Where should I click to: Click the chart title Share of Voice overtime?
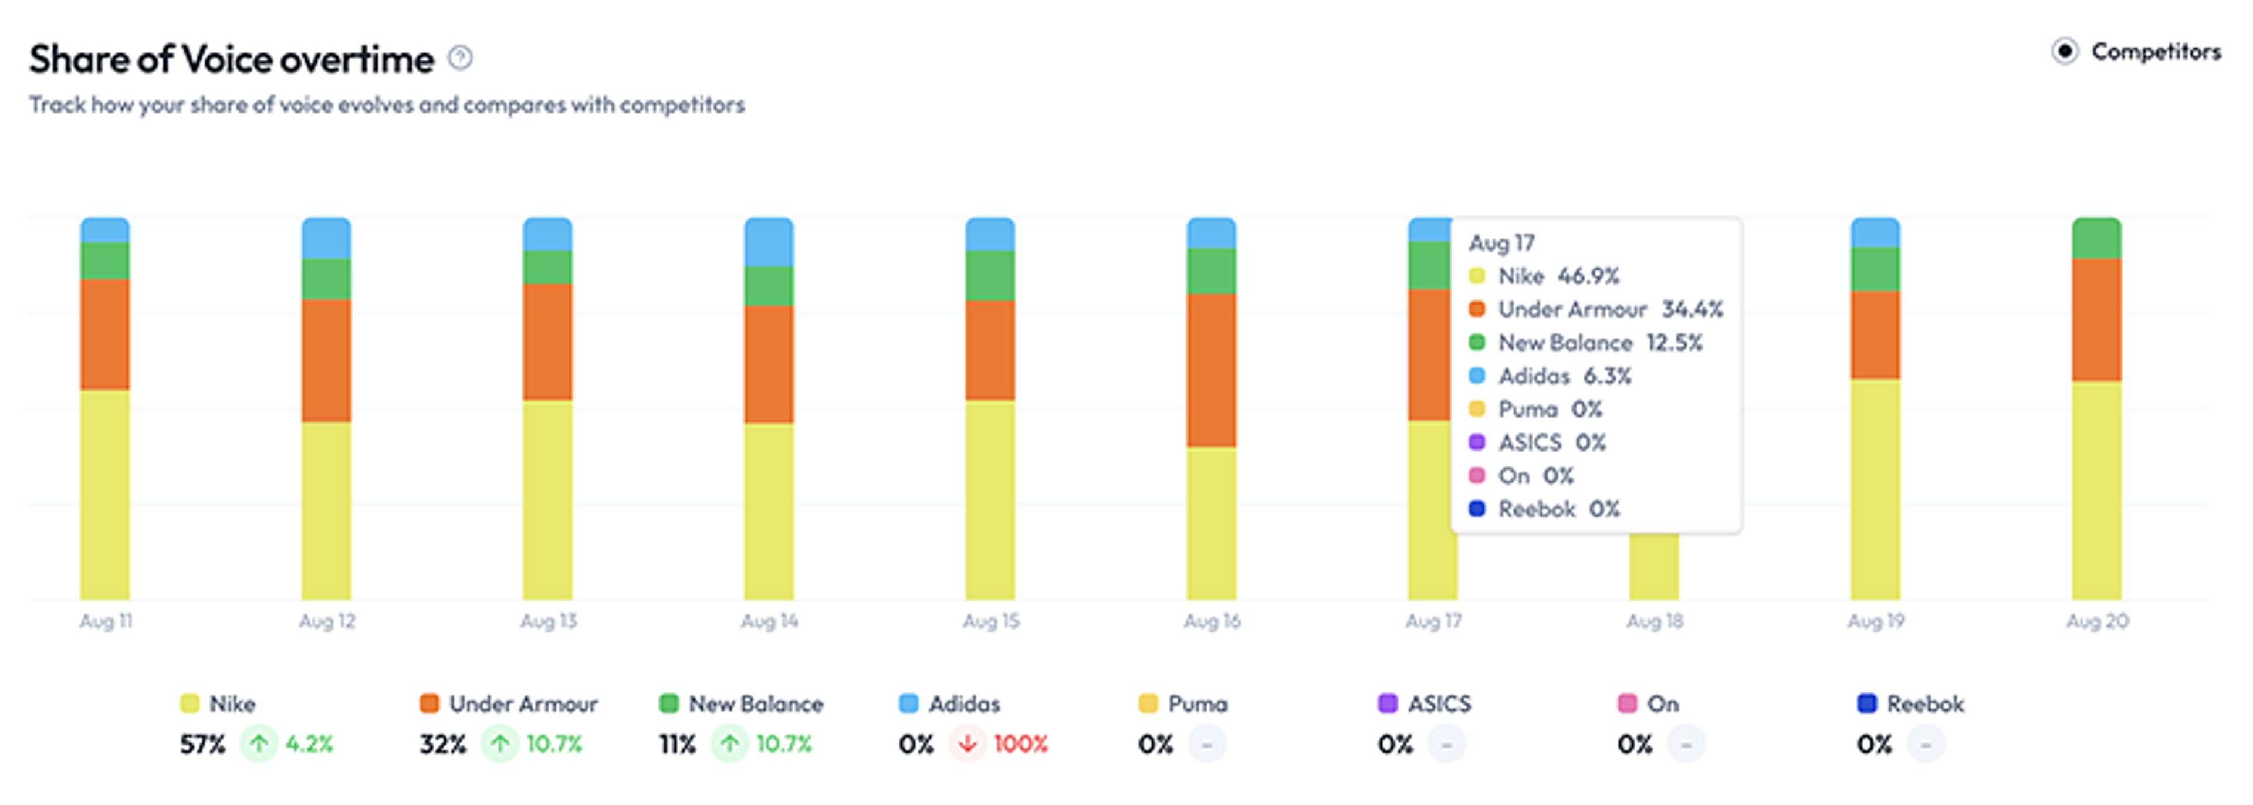(x=232, y=59)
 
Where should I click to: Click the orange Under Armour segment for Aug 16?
(x=1212, y=370)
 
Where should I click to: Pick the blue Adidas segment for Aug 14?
(x=769, y=242)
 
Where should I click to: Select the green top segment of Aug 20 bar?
(x=2096, y=238)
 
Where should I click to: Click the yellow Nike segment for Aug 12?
(x=326, y=511)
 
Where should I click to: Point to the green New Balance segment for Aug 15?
(x=990, y=276)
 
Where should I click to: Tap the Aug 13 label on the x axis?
(x=549, y=621)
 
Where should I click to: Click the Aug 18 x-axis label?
(x=1655, y=621)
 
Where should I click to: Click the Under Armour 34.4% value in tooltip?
(x=1692, y=309)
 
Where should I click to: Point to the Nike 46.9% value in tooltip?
(x=1588, y=276)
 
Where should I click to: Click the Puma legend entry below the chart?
(x=1183, y=703)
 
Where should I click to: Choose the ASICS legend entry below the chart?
(x=1425, y=703)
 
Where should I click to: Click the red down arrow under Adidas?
(x=967, y=744)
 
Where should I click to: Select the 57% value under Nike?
(x=203, y=745)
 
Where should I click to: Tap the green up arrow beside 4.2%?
(x=259, y=744)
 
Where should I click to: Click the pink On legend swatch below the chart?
(x=1627, y=703)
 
